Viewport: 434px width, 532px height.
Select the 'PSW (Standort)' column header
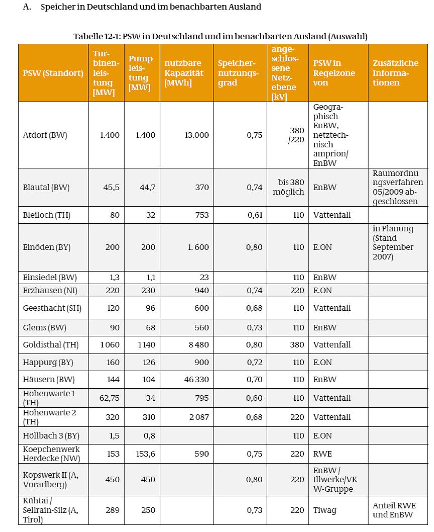point(53,73)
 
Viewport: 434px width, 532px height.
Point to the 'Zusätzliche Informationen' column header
point(396,73)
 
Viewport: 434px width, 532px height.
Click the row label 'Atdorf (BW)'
point(45,135)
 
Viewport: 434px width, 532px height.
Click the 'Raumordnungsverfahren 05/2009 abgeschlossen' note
point(398,187)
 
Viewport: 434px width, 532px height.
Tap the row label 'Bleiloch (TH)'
point(47,215)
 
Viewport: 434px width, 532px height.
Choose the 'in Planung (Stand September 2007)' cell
point(393,242)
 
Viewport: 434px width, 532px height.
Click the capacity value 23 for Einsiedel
point(203,278)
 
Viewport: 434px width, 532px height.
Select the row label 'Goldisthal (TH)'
point(50,345)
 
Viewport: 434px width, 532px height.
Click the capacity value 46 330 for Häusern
point(197,380)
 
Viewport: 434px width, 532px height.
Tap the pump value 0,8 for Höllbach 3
point(149,435)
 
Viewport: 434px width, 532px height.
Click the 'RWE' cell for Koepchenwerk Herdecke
point(322,454)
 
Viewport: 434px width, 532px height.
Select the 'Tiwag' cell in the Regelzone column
point(324,510)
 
